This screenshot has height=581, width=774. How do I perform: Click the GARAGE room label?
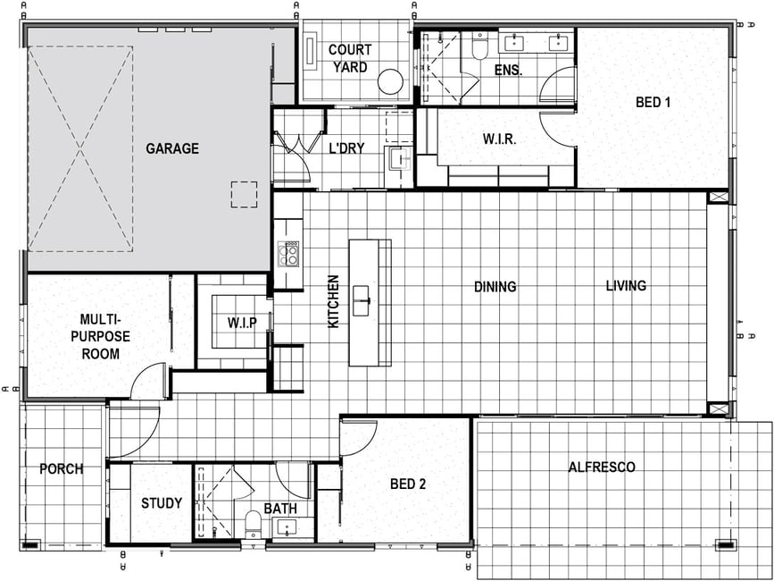pyautogui.click(x=172, y=148)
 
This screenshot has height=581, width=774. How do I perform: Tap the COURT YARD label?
pyautogui.click(x=349, y=58)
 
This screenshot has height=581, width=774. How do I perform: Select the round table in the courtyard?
pyautogui.click(x=390, y=81)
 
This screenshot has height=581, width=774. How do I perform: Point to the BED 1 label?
pyautogui.click(x=655, y=103)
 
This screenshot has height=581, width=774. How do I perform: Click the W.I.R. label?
pyautogui.click(x=500, y=139)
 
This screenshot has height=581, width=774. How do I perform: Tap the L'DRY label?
pyautogui.click(x=346, y=147)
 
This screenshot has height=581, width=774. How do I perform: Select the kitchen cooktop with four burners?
pyautogui.click(x=288, y=254)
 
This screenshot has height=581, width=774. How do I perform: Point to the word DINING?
pyautogui.click(x=495, y=287)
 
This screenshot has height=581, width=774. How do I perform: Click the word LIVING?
pyautogui.click(x=626, y=285)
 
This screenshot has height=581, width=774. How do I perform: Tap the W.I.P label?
pyautogui.click(x=242, y=324)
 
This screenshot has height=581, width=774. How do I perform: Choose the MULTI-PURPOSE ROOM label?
pyautogui.click(x=101, y=337)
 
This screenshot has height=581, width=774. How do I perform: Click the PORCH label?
pyautogui.click(x=62, y=468)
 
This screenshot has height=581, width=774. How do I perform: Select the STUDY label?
pyautogui.click(x=162, y=503)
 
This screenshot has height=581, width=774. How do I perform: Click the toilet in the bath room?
pyautogui.click(x=254, y=524)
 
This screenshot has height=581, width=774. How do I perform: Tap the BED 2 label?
pyautogui.click(x=408, y=484)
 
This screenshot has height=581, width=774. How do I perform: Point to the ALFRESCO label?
pyautogui.click(x=602, y=467)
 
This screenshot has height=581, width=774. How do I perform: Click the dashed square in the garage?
pyautogui.click(x=244, y=194)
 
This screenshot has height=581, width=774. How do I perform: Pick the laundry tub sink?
pyautogui.click(x=399, y=158)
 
